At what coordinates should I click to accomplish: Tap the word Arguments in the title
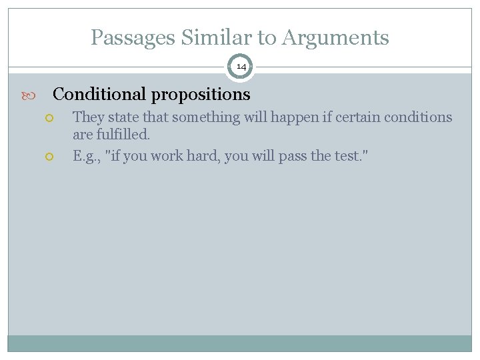335,38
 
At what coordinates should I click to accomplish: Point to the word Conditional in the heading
100,95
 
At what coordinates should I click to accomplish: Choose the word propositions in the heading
201,95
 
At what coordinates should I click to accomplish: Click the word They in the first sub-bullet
88,117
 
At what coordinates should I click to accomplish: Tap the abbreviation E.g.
87,157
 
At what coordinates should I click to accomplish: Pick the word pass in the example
291,156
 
